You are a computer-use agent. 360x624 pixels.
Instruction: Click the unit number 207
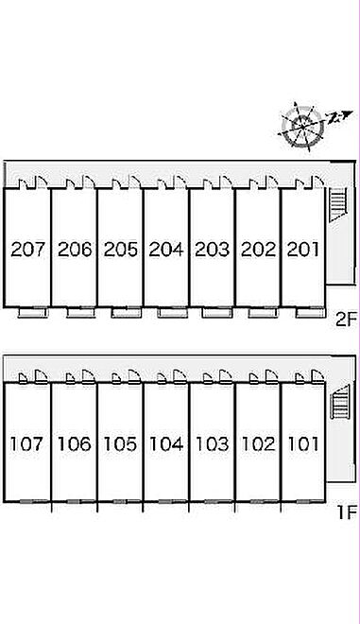27,250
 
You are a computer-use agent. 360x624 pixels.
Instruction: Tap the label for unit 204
166,250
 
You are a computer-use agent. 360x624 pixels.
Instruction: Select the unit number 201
303,250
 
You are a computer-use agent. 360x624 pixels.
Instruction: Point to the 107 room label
26,443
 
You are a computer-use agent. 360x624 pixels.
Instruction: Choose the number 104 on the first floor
166,443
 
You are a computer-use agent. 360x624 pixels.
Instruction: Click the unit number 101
303,443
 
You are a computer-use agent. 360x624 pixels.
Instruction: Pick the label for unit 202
258,250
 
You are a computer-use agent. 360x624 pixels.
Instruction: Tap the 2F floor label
345,320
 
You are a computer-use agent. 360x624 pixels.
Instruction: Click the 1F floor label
347,513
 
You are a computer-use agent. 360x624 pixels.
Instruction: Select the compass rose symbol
302,127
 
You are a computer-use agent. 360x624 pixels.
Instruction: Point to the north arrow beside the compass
339,117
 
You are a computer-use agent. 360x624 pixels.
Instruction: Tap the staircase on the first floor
340,401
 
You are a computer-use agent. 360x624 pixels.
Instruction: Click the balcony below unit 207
33,313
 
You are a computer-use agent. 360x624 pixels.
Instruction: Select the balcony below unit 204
172,313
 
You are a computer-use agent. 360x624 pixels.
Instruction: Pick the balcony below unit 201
310,313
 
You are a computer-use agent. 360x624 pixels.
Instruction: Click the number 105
120,443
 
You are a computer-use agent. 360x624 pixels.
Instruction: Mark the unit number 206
75,250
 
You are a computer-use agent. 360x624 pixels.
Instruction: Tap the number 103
212,443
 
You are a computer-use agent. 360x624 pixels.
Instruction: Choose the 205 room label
121,250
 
